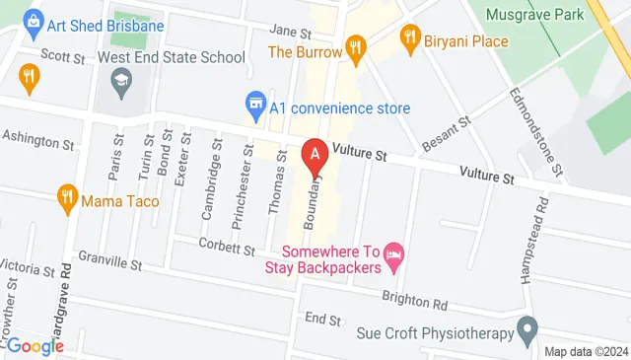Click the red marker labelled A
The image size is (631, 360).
pos(315,155)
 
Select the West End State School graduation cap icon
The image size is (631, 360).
pos(121,80)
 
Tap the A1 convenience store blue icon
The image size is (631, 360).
pos(255,103)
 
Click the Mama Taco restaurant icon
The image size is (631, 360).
pos(68,196)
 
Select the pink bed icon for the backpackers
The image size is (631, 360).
pos(392,255)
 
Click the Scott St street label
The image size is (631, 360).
pos(62,57)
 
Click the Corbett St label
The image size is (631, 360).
pos(226,244)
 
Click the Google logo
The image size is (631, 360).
pos(35,345)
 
